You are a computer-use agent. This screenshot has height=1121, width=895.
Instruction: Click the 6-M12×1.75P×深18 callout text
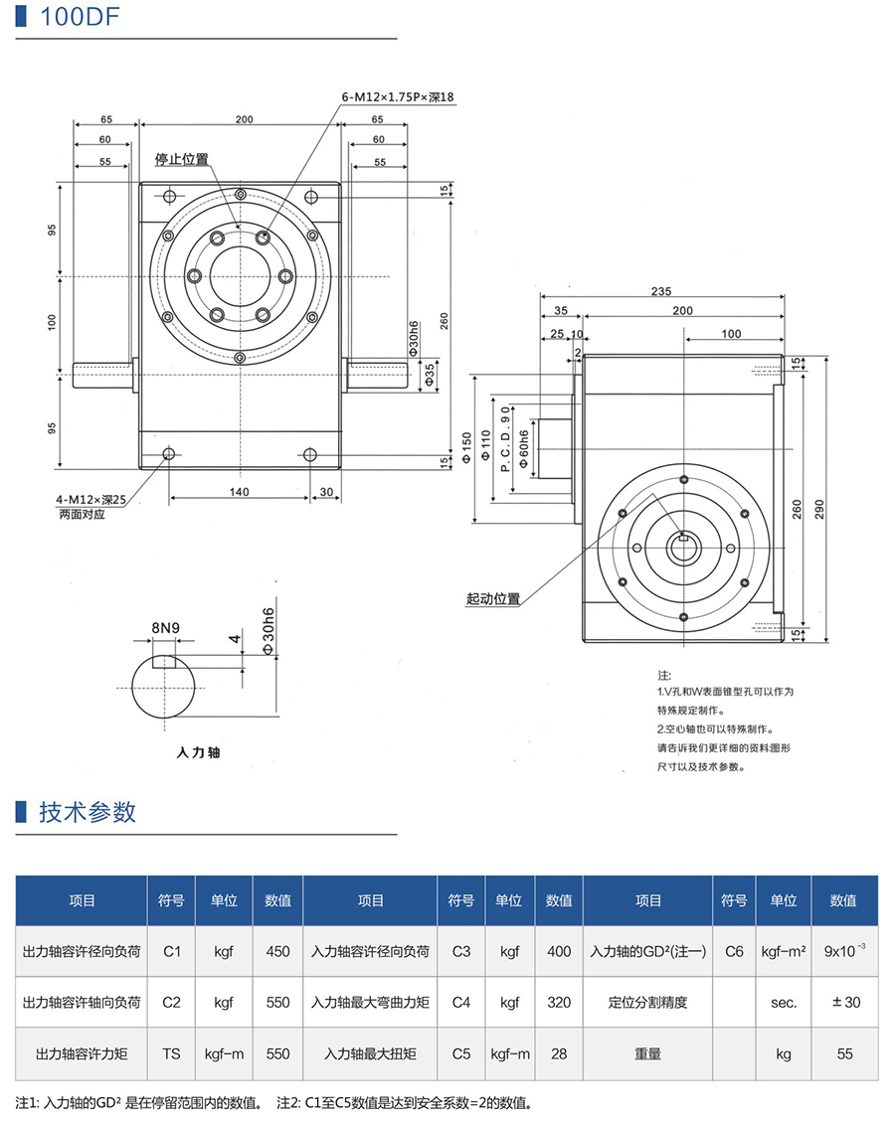[397, 97]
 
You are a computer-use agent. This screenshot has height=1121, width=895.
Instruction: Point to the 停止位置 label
[181, 159]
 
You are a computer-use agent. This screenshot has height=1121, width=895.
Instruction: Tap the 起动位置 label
[493, 599]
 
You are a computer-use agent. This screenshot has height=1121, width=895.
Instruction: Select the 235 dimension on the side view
[660, 291]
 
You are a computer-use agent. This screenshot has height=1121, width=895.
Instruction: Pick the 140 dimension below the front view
[239, 491]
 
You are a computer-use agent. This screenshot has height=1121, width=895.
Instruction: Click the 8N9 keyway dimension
[165, 628]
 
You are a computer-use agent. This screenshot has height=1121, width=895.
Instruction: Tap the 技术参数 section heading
[88, 812]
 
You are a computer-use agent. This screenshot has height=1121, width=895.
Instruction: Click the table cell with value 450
[278, 951]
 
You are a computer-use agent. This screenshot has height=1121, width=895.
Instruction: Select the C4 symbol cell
[460, 1002]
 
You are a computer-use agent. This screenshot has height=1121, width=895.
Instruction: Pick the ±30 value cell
[845, 1002]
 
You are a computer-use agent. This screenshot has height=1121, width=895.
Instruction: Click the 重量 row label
[647, 1053]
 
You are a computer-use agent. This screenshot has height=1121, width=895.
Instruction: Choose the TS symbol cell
[172, 1053]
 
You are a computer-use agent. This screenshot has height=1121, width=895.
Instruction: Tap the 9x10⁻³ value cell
[845, 950]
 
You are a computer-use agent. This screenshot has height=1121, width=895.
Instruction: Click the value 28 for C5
[559, 1053]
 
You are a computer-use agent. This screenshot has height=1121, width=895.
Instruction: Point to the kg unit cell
[784, 1053]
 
